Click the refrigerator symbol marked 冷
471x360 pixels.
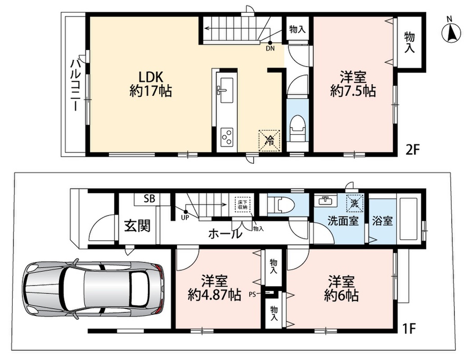[x=269, y=140]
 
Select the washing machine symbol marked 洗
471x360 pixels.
[x=355, y=203]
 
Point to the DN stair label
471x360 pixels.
[x=270, y=48]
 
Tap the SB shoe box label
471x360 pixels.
[x=149, y=199]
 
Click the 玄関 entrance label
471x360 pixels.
[x=137, y=226]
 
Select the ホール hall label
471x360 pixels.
[x=225, y=233]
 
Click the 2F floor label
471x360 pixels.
[x=412, y=149]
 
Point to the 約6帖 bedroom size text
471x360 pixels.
[x=341, y=296]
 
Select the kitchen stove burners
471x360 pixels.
[x=227, y=137]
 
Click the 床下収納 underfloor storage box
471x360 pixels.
[x=242, y=204]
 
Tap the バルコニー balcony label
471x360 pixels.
[x=75, y=85]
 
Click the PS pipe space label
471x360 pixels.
[x=252, y=294]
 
